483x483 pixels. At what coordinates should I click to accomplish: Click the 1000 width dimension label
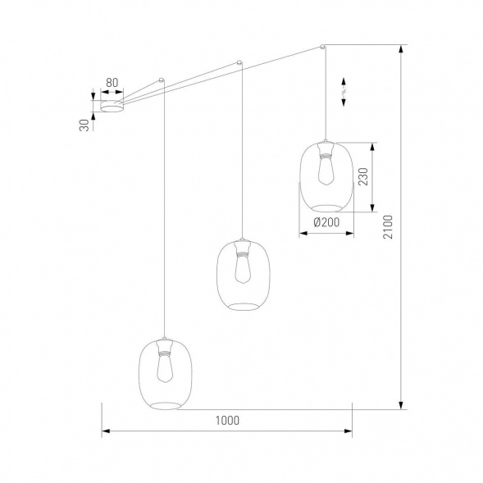227,420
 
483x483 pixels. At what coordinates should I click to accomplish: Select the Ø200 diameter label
326,222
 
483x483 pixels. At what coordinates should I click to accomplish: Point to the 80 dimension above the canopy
112,82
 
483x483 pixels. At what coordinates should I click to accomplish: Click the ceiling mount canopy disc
112,106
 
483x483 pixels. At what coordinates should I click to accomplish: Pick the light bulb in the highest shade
326,168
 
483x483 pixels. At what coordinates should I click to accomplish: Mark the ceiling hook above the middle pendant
239,62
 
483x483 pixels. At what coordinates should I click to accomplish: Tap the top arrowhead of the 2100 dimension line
401,48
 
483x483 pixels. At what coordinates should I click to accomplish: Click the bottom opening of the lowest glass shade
165,404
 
